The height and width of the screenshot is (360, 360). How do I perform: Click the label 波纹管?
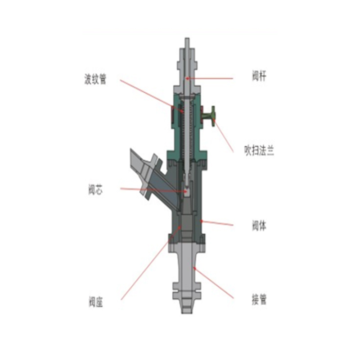[95, 79]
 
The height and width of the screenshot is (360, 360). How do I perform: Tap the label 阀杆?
[259, 76]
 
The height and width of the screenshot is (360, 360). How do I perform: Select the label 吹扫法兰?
[259, 151]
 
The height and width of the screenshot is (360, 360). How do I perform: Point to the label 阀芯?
[95, 189]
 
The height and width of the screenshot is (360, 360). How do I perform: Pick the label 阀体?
[259, 225]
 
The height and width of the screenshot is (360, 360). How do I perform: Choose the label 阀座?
[95, 301]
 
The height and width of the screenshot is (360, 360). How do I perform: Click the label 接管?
[259, 300]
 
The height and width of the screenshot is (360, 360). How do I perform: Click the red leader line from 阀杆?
[209, 78]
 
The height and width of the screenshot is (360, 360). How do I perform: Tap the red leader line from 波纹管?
[152, 96]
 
